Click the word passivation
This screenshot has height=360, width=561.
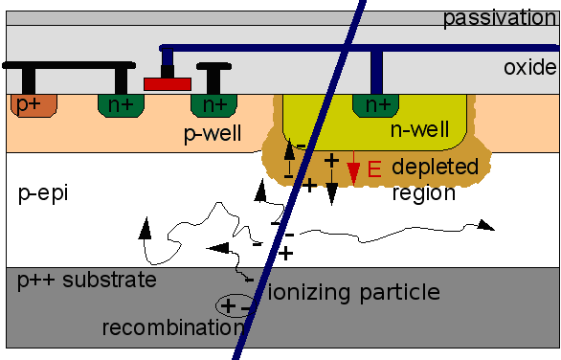pos(499,16)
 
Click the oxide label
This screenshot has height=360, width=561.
pos(528,67)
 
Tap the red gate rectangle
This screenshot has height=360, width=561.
pos(167,83)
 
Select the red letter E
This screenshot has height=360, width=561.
pos(374,170)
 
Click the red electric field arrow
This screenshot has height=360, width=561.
pos(353,172)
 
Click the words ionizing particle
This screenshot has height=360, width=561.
pos(352,292)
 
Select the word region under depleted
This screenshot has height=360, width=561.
pos(423,192)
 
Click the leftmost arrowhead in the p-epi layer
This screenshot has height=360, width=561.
pos(145,228)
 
